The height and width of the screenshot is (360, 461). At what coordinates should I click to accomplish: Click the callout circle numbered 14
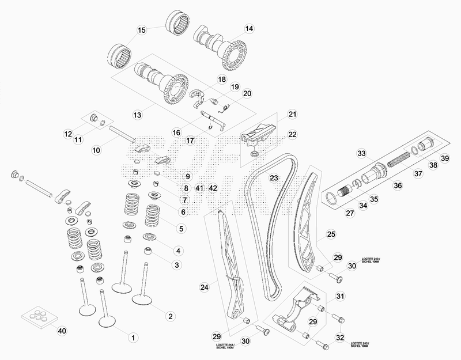click(x=248, y=28)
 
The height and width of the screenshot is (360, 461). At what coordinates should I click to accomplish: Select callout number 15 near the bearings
click(x=142, y=29)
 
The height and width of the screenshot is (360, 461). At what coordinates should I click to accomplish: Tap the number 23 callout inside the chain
click(x=274, y=177)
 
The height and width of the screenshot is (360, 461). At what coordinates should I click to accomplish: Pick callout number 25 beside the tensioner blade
click(x=331, y=234)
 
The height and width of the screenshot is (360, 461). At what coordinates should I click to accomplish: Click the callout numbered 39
click(x=445, y=158)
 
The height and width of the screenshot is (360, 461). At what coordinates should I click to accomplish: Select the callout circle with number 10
click(x=96, y=150)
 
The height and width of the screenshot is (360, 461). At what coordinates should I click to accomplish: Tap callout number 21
click(x=292, y=113)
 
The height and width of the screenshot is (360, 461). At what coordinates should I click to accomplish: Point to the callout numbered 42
click(x=213, y=188)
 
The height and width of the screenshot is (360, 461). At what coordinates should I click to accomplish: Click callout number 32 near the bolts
click(x=340, y=337)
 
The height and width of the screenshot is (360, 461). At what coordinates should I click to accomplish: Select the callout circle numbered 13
click(x=137, y=115)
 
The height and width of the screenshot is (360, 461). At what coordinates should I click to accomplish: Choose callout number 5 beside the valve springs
click(x=181, y=229)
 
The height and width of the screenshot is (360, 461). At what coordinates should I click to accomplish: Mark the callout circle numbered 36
click(x=398, y=185)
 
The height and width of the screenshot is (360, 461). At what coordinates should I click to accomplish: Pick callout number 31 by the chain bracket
click(x=340, y=296)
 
